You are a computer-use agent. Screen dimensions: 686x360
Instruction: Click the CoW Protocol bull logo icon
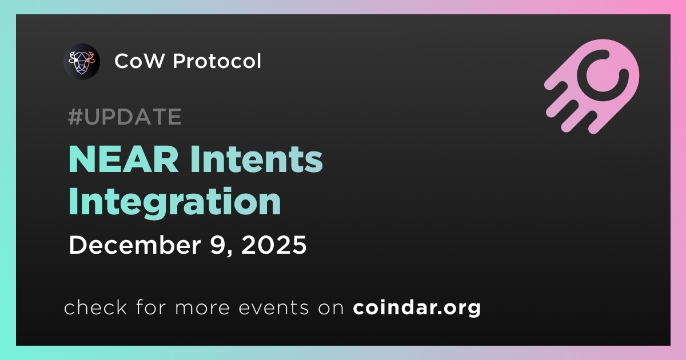(81, 62)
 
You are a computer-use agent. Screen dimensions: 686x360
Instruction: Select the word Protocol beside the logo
(217, 61)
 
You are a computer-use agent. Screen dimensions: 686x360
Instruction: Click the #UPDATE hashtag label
(125, 117)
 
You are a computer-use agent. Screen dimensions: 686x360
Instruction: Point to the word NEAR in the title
(123, 159)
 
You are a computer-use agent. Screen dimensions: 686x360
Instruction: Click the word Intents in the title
(257, 159)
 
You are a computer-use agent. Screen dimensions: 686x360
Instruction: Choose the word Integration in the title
(175, 203)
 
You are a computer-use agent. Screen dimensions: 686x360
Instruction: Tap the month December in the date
(135, 245)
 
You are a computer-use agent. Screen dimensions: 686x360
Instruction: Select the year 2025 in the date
(274, 245)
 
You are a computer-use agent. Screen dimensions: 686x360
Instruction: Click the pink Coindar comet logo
(592, 86)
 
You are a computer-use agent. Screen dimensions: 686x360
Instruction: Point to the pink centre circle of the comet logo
(602, 75)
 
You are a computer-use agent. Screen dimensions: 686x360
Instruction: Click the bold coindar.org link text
(417, 307)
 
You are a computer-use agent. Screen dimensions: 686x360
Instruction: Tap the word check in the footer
(95, 307)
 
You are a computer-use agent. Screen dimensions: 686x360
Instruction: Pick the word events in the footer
(274, 308)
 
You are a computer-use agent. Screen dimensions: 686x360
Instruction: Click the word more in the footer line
(202, 308)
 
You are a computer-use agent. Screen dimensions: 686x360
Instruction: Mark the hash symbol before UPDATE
(75, 117)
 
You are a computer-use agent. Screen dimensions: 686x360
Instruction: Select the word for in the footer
(151, 307)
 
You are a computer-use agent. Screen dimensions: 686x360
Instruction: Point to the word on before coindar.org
(331, 308)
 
